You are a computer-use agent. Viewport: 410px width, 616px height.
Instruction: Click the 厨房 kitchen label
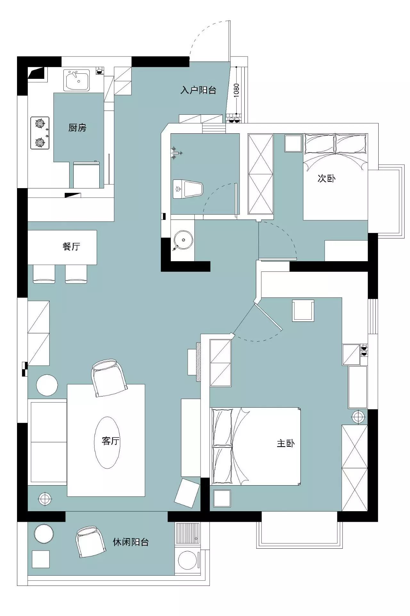pyautogui.click(x=77, y=128)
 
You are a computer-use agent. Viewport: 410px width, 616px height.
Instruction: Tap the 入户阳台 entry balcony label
pyautogui.click(x=198, y=90)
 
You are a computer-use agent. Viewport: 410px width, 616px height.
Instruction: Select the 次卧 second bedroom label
pyautogui.click(x=326, y=178)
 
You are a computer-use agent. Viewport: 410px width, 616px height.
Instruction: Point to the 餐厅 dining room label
pyautogui.click(x=71, y=246)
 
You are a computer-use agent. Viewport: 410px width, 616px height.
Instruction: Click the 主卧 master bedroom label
pyautogui.click(x=286, y=444)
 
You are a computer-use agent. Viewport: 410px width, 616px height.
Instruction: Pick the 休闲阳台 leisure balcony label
pyautogui.click(x=131, y=542)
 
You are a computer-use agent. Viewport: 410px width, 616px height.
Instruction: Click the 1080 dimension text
pyautogui.click(x=236, y=90)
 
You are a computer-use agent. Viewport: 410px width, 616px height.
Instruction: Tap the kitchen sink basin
pyautogui.click(x=78, y=80)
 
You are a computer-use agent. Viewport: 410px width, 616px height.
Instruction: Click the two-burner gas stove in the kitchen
pyautogui.click(x=40, y=133)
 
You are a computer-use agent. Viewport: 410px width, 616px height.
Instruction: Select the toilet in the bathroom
pyautogui.click(x=188, y=189)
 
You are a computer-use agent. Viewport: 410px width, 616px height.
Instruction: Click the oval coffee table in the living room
pyautogui.click(x=108, y=443)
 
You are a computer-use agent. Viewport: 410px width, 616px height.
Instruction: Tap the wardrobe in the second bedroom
pyautogui.click(x=261, y=174)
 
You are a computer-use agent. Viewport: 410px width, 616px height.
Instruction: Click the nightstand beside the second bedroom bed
pyautogui.click(x=293, y=143)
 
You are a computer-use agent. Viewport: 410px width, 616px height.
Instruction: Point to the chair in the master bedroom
pyautogui.click(x=303, y=311)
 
